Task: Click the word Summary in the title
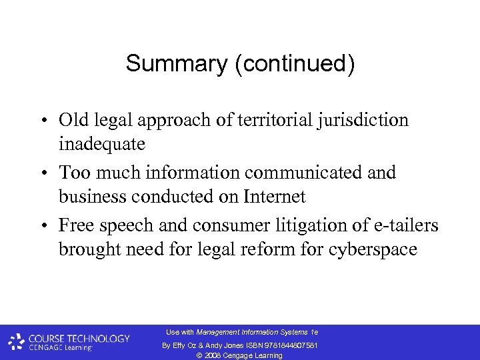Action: click(x=167, y=64)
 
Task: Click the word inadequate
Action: click(x=102, y=144)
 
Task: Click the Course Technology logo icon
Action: click(x=16, y=342)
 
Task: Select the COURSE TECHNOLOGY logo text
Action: click(x=79, y=338)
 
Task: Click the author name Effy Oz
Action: click(x=185, y=345)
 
